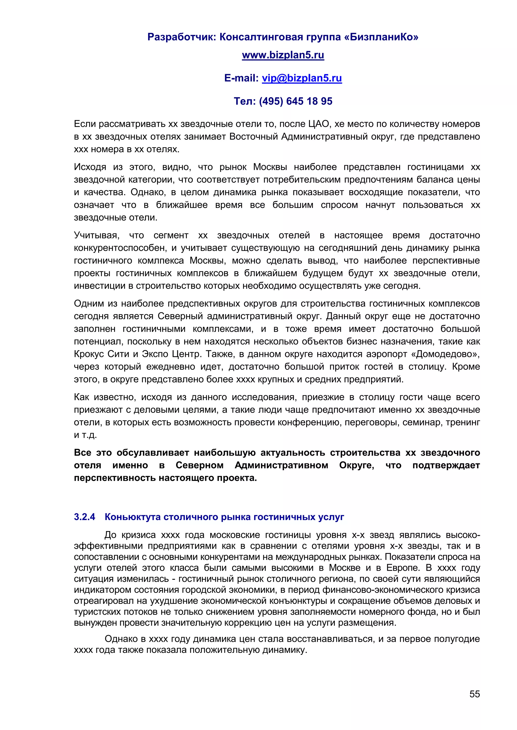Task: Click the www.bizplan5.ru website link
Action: (283, 55)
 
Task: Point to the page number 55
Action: (474, 694)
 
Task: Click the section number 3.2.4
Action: (84, 517)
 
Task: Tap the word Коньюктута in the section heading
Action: (133, 517)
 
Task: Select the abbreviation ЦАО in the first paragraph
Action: (318, 124)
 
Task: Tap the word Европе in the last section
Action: (402, 567)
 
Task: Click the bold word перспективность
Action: (115, 478)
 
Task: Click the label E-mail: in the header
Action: (241, 78)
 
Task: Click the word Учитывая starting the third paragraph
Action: (96, 235)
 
